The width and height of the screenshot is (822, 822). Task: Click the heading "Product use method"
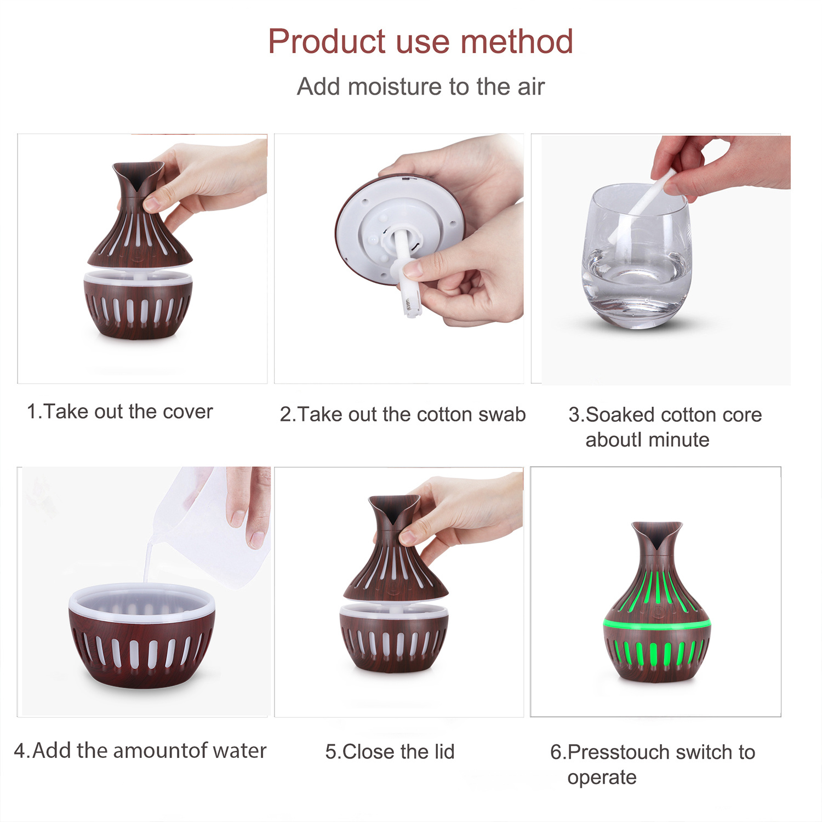tap(420, 42)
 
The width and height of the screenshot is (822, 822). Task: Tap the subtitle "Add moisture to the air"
tap(420, 87)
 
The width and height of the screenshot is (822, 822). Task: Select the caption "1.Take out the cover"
tap(119, 412)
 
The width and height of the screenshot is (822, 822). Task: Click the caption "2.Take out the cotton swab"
tap(403, 414)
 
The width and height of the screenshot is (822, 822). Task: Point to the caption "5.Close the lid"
tap(390, 752)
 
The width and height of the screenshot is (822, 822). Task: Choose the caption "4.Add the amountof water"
tap(140, 751)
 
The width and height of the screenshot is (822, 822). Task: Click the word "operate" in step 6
tap(602, 778)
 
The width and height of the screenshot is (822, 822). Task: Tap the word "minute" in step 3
tap(678, 439)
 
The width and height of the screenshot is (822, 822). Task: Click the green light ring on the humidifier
tap(657, 624)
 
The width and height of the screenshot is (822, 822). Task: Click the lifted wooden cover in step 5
tap(395, 548)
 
